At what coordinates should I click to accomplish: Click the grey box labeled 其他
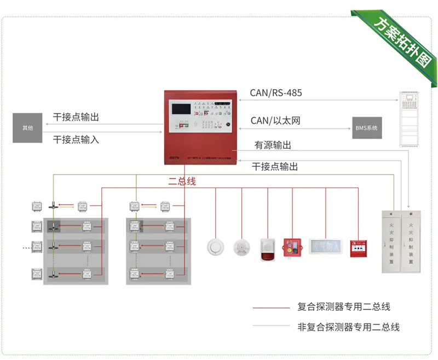pyautogui.click(x=27, y=128)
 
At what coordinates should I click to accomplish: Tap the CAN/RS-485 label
pyautogui.click(x=276, y=93)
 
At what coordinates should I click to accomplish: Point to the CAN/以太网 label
pyautogui.click(x=275, y=120)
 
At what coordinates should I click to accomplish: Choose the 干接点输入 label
pyautogui.click(x=76, y=140)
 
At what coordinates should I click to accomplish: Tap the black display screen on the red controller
pyautogui.click(x=185, y=108)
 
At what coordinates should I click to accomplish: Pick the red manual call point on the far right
pyautogui.click(x=359, y=247)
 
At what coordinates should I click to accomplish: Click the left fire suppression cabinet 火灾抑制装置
pyautogui.click(x=391, y=241)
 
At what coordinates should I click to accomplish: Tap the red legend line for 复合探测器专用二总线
pyautogui.click(x=270, y=308)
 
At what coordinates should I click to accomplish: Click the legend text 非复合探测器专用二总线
pyautogui.click(x=348, y=327)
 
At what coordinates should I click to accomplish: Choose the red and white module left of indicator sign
pyautogui.click(x=291, y=247)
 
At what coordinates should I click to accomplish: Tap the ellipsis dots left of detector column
pyautogui.click(x=26, y=247)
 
